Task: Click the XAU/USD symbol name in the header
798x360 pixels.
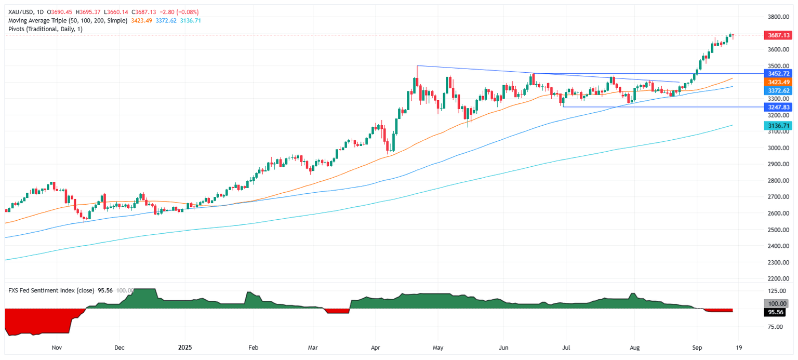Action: [x=19, y=12]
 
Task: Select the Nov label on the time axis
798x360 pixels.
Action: [x=57, y=346]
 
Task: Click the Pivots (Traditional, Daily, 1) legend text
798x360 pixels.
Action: [x=46, y=29]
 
